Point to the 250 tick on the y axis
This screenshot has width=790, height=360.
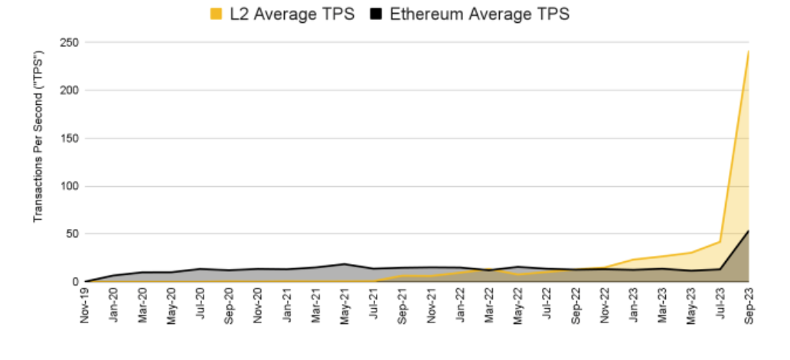pyautogui.click(x=70, y=43)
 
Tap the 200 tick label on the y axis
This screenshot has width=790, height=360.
pyautogui.click(x=70, y=90)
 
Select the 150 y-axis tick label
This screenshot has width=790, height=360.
pyautogui.click(x=70, y=139)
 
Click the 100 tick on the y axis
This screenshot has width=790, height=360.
pyautogui.click(x=70, y=186)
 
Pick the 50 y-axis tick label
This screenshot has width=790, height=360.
pyautogui.click(x=73, y=234)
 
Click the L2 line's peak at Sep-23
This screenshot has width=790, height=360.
pyautogui.click(x=748, y=52)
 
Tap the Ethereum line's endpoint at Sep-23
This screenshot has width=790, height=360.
pyautogui.click(x=748, y=231)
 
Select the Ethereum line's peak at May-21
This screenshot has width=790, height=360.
pyautogui.click(x=344, y=264)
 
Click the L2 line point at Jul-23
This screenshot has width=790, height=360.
pyautogui.click(x=720, y=242)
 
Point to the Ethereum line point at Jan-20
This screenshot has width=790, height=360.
pyautogui.click(x=114, y=275)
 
